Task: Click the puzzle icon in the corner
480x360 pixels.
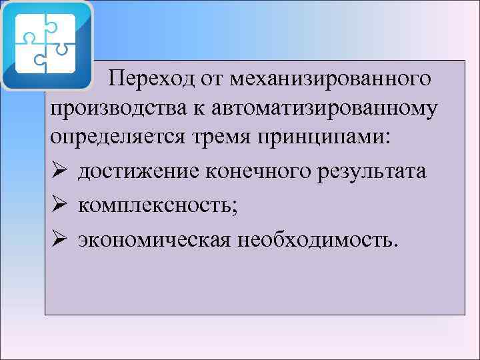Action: click(x=47, y=45)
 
